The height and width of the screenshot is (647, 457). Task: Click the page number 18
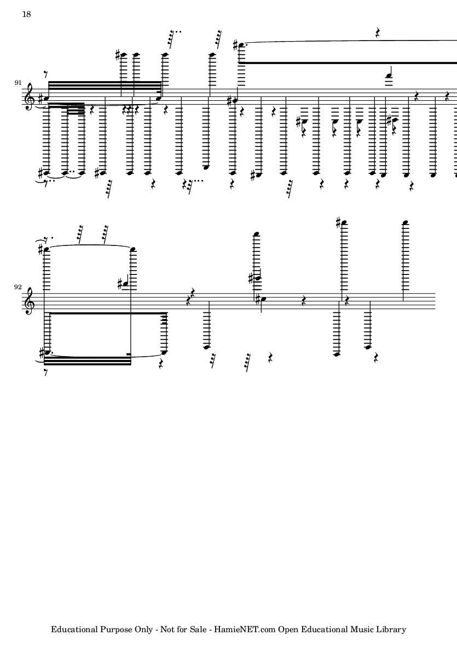(26, 14)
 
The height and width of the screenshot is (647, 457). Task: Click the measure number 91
(18, 83)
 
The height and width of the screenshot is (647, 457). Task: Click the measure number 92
(18, 287)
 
